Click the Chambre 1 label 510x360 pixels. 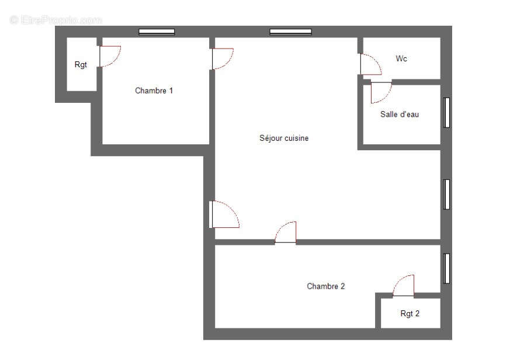pyautogui.click(x=154, y=91)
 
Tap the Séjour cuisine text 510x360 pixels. pyautogui.click(x=284, y=139)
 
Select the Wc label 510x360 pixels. pyautogui.click(x=401, y=58)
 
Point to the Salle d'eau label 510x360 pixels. pyautogui.click(x=400, y=115)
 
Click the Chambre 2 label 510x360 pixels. pyautogui.click(x=326, y=286)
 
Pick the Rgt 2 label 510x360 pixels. pyautogui.click(x=410, y=314)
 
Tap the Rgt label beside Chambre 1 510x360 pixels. pyautogui.click(x=81, y=65)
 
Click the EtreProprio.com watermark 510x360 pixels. pyautogui.click(x=56, y=20)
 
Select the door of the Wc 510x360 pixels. pyautogui.click(x=369, y=64)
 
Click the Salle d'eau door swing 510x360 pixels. pyautogui.click(x=380, y=92)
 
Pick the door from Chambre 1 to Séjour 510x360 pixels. pyautogui.click(x=221, y=58)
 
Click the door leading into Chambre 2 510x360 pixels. pyautogui.click(x=286, y=233)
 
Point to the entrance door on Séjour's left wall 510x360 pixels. pyautogui.click(x=224, y=214)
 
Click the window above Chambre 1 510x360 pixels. pyautogui.click(x=157, y=32)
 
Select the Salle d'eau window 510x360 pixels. pyautogui.click(x=446, y=112)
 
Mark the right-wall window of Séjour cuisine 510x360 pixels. pyautogui.click(x=446, y=194)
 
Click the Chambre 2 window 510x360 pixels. pyautogui.click(x=446, y=268)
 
